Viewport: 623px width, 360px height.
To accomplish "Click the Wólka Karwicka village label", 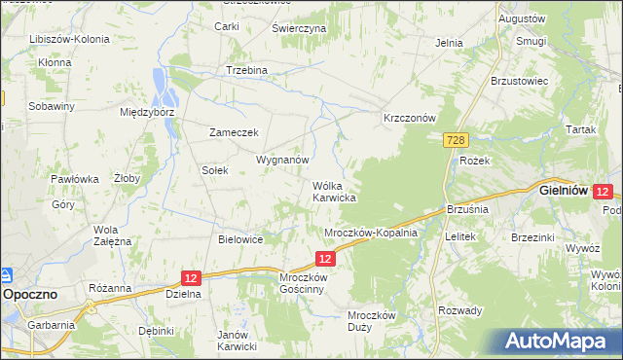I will tap(333, 191).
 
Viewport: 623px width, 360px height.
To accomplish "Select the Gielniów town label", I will tap(563, 192).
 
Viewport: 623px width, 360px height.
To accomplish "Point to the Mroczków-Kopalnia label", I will tap(370, 234).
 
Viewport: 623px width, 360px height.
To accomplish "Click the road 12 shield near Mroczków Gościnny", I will tap(326, 258).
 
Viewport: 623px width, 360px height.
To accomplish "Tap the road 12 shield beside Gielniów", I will tap(603, 193).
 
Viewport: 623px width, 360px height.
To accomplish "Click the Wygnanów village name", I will tap(282, 159).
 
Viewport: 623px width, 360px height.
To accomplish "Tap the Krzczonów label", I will tap(409, 117).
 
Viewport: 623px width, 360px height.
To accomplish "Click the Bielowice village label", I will tap(241, 238).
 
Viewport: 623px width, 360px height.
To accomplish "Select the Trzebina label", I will tap(246, 71).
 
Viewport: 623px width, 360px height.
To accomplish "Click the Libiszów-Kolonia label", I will tap(69, 39).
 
